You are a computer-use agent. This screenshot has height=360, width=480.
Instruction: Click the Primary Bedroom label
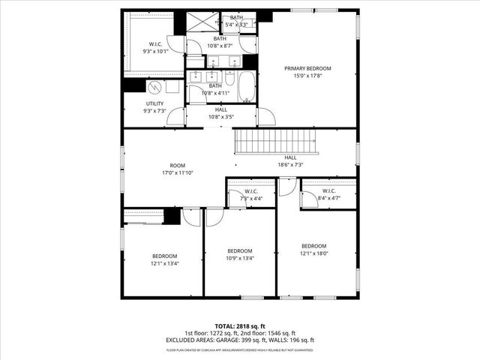coord(307,68)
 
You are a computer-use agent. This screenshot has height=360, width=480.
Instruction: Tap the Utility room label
coord(155,104)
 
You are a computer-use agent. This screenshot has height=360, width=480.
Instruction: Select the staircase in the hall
coord(275,140)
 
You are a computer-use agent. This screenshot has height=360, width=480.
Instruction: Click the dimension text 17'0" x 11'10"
coord(177,173)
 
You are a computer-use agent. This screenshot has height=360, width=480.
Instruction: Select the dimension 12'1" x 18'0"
coord(314,253)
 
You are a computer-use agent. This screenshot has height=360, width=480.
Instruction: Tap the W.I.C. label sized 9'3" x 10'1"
coord(156,44)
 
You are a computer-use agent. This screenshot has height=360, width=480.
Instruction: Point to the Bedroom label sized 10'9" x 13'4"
coord(240,250)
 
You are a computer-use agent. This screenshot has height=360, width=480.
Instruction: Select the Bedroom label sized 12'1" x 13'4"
coord(164,255)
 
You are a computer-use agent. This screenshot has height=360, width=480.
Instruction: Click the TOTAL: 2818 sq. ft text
coord(240,326)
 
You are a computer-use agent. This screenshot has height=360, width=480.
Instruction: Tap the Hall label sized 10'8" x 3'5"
coord(220,109)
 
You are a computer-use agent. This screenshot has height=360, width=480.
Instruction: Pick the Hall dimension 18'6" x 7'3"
coord(290,165)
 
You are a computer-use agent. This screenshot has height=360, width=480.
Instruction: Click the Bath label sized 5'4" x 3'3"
coord(236,17)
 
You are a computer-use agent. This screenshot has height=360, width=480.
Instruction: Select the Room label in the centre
coord(177,166)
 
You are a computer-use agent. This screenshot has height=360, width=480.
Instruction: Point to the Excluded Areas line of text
coord(240,340)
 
